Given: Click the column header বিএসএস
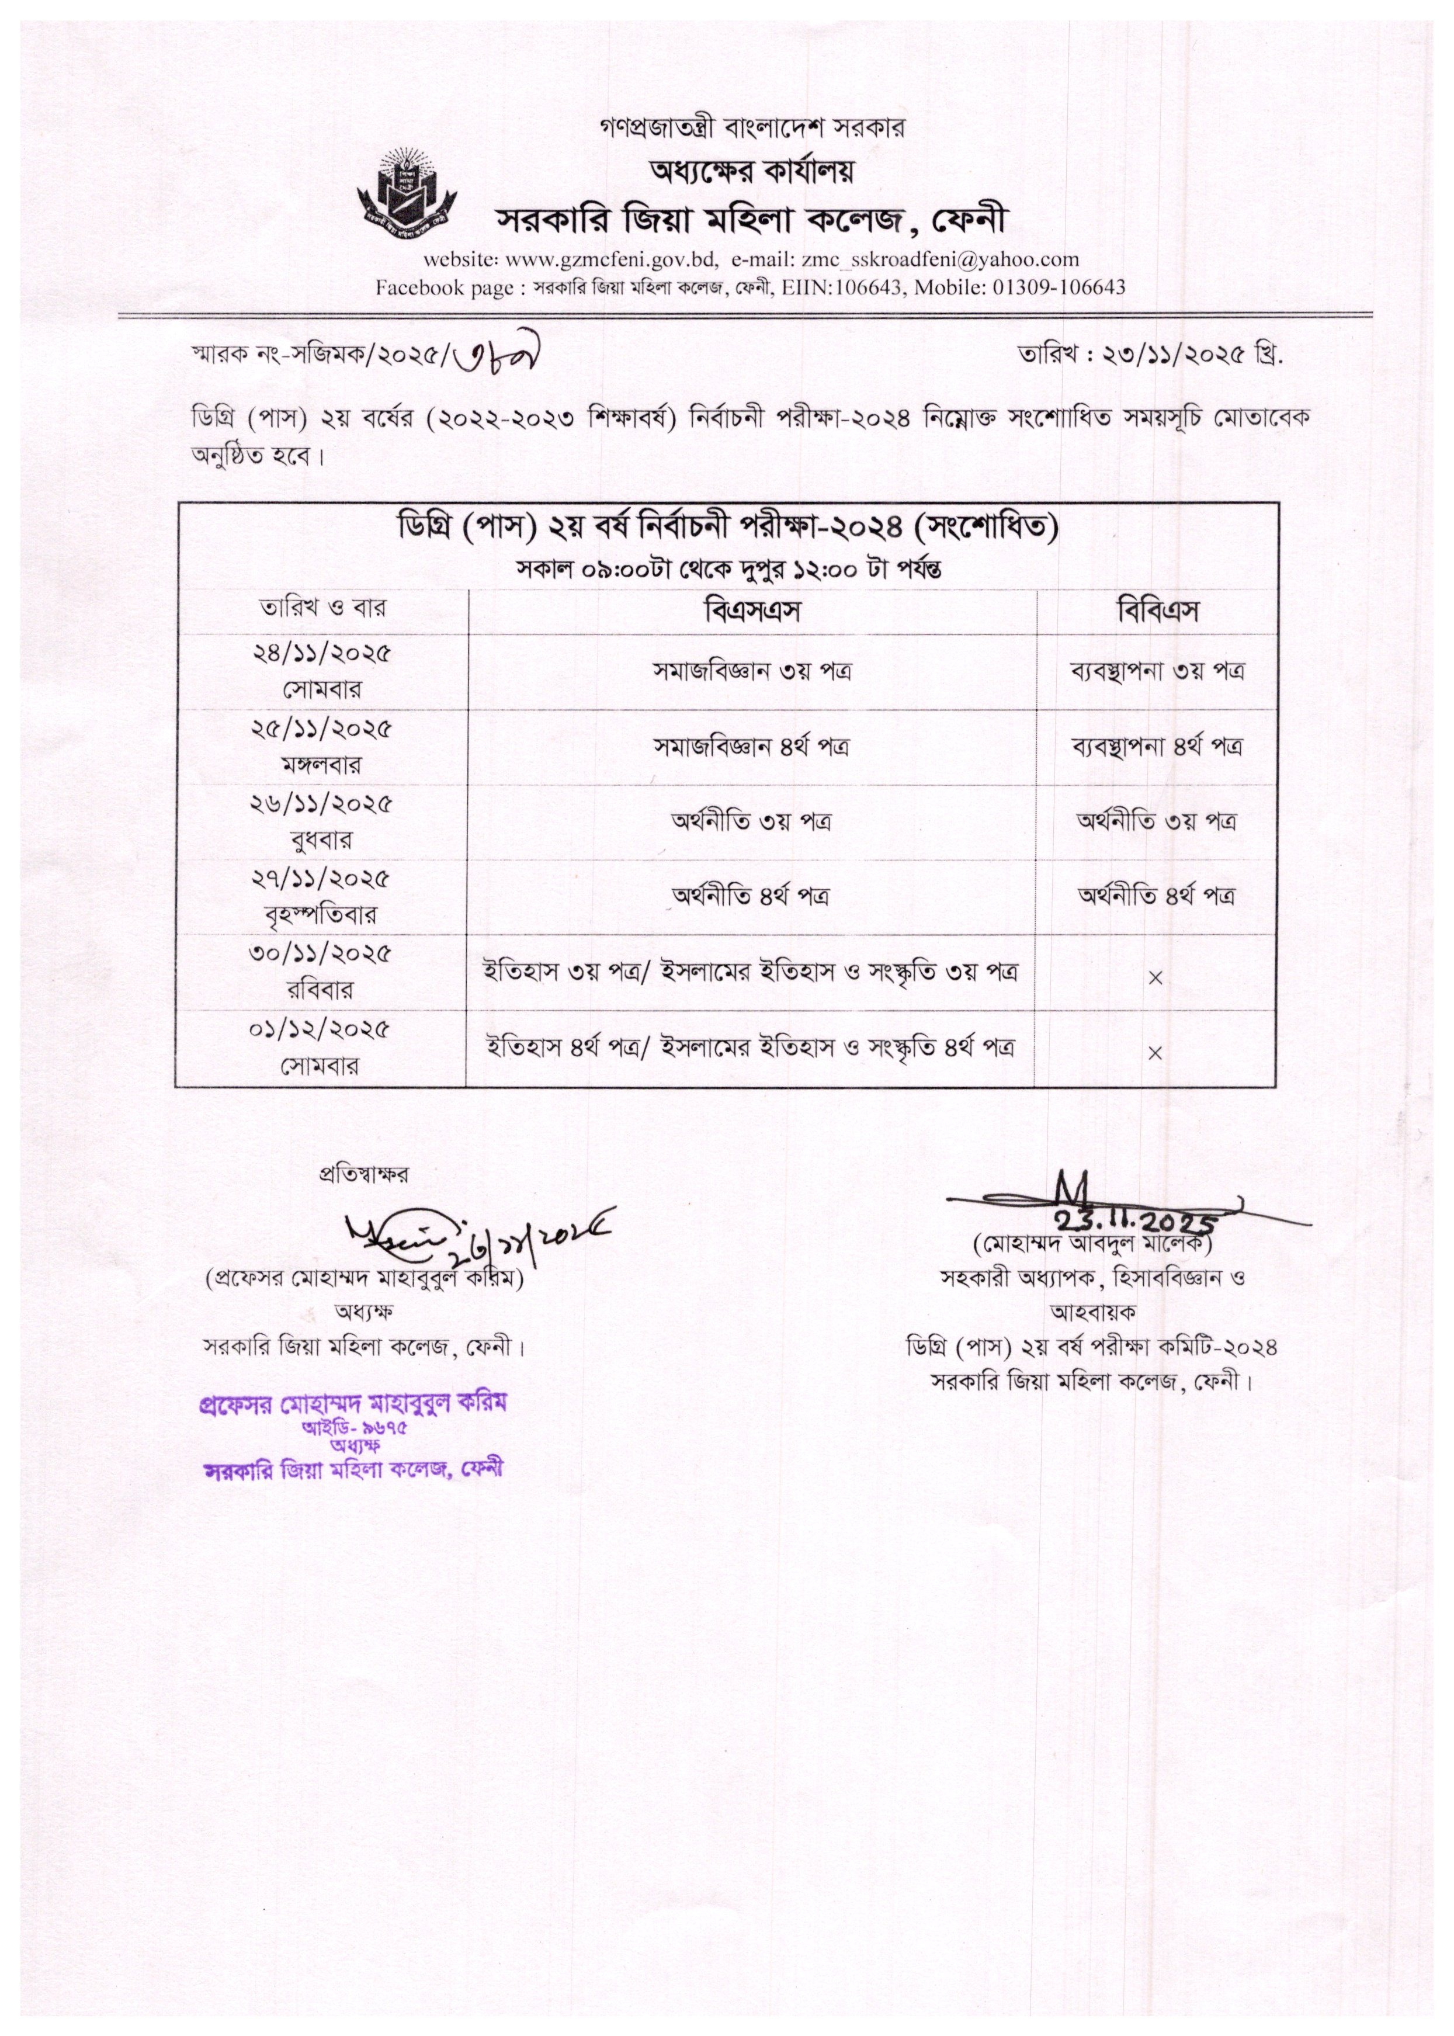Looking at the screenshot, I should [751, 612].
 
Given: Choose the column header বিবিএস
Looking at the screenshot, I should [1157, 612].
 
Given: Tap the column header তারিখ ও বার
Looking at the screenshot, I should [322, 608].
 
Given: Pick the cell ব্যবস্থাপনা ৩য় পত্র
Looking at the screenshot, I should [1157, 671].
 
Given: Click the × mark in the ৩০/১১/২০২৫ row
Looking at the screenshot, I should [1155, 978].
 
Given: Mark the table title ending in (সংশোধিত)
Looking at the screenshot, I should [727, 528].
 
